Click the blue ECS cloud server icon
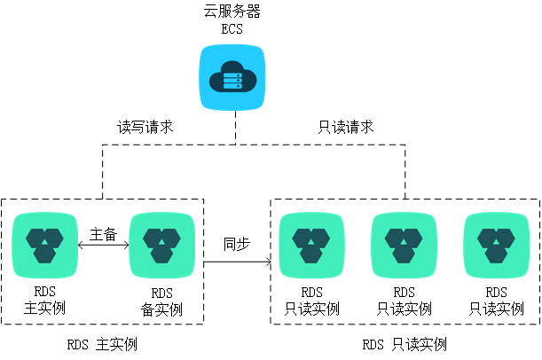pyautogui.click(x=232, y=77)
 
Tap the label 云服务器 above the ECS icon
pyautogui.click(x=232, y=11)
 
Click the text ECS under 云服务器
pyautogui.click(x=232, y=29)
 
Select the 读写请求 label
pyautogui.click(x=145, y=127)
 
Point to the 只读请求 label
pyautogui.click(x=346, y=127)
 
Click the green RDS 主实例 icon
pyautogui.click(x=44, y=246)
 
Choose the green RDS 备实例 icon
pyautogui.click(x=161, y=246)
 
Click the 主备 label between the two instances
pyautogui.click(x=104, y=235)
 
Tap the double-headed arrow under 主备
pyautogui.click(x=104, y=246)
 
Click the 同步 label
pyautogui.click(x=237, y=244)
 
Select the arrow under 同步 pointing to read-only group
pyautogui.click(x=237, y=262)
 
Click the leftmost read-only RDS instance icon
pyautogui.click(x=311, y=246)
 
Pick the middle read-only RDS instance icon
pyautogui.click(x=404, y=246)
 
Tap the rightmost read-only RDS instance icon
pyautogui.click(x=496, y=246)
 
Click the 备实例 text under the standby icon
pyautogui.click(x=161, y=309)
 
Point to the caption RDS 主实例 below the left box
pyautogui.click(x=102, y=344)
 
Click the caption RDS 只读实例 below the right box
pyautogui.click(x=405, y=344)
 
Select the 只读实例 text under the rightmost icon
pyautogui.click(x=497, y=309)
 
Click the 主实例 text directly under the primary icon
pyautogui.click(x=44, y=308)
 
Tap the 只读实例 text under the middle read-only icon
pyautogui.click(x=405, y=309)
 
